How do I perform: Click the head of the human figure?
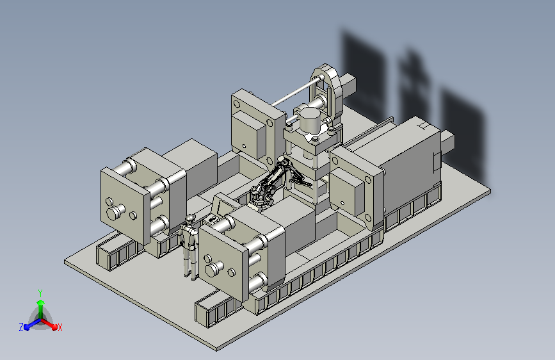tap(190, 218)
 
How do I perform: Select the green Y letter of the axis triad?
tap(40, 293)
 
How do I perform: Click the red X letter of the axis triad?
tap(60, 327)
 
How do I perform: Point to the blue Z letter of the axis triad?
tap(21, 327)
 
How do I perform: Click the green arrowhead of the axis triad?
tap(41, 303)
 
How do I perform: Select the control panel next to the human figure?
tap(213, 220)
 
